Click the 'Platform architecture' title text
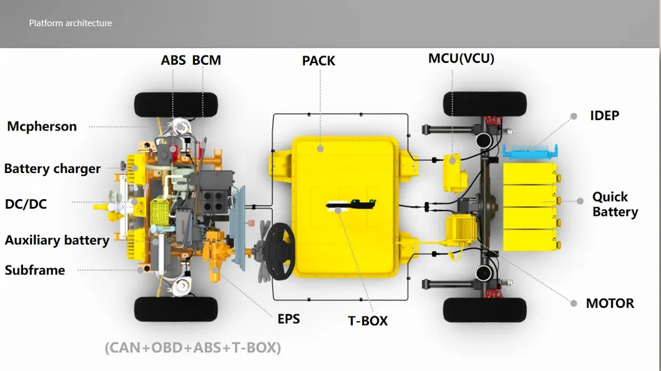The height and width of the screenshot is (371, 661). (x=71, y=23)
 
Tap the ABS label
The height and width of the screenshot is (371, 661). (x=174, y=61)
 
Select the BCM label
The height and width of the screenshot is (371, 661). (x=207, y=61)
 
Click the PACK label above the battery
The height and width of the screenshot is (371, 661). (x=319, y=61)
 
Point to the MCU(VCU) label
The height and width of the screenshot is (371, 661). (x=461, y=58)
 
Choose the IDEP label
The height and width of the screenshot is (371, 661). (x=604, y=116)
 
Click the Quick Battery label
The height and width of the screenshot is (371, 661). (x=615, y=204)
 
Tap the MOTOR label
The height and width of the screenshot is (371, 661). (x=610, y=303)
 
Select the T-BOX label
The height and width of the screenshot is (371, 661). (x=368, y=321)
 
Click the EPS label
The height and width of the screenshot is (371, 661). (x=289, y=319)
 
